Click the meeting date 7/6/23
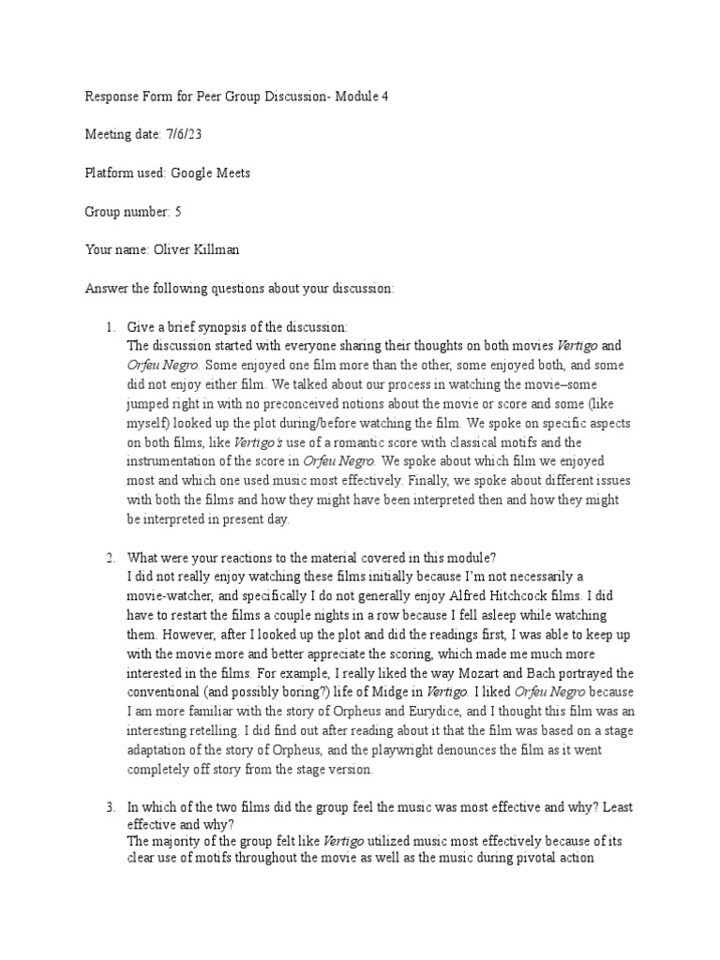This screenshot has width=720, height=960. (x=184, y=135)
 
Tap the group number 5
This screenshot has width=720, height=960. (x=178, y=213)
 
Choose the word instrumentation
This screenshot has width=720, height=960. (x=176, y=460)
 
